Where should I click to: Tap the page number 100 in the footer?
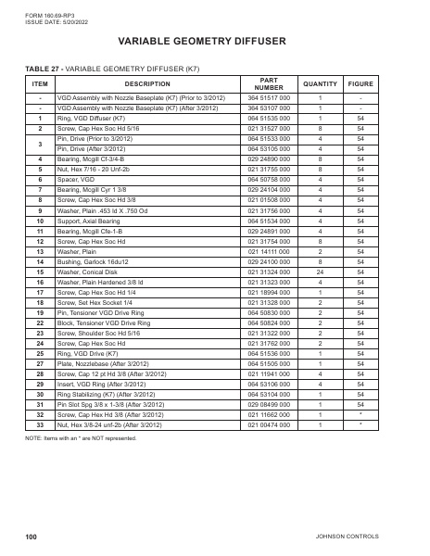coord(32,536)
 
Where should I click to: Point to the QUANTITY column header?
coord(320,83)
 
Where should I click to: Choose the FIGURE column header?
coord(360,83)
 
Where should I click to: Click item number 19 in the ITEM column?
coord(40,289)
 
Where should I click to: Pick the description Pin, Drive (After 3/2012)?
coord(95,148)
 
